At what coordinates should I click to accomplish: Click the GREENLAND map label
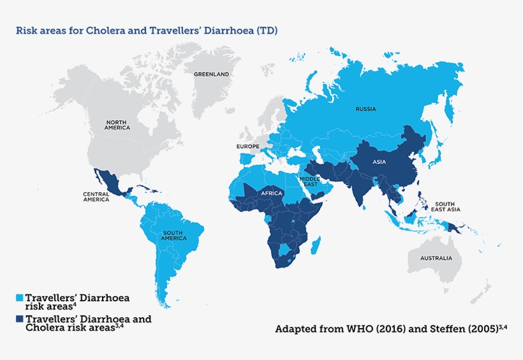coord(211,74)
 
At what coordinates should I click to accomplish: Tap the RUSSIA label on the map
coord(365,109)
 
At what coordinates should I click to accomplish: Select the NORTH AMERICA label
coord(117,124)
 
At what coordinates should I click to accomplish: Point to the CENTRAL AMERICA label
coord(96,197)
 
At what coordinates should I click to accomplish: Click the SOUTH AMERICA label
coord(174,235)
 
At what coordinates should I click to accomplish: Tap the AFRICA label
coord(272,193)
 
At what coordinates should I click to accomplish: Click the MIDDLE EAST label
coord(309,181)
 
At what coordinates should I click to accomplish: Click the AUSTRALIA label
coord(436,259)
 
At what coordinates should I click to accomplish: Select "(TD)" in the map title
coord(267,30)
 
